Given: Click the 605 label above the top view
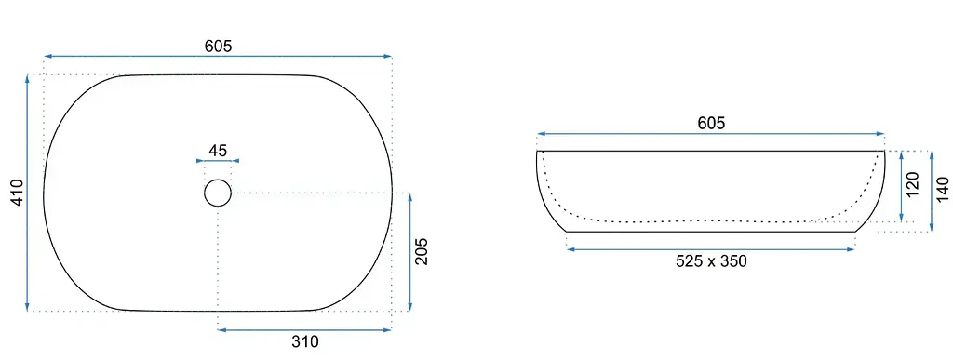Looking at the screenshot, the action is click(218, 46).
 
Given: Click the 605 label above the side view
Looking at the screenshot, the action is click(711, 123).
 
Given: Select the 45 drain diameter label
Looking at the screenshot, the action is click(218, 150).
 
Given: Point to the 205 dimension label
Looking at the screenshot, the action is click(422, 251).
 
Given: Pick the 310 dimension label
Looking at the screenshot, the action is click(304, 341).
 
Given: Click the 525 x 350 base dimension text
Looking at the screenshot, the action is click(711, 261).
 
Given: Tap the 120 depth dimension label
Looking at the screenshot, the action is click(912, 184).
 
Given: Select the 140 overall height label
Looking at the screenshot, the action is click(942, 190).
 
